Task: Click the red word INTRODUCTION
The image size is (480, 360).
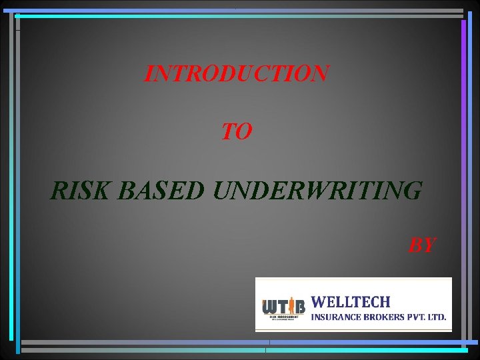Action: coord(237,73)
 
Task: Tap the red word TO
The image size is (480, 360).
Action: coord(237,132)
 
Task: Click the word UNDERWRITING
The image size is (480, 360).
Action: coord(317,191)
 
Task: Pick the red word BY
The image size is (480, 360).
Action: coord(422,245)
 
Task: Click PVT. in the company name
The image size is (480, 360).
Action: coord(419,317)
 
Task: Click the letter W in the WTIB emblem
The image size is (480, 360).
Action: coord(270,307)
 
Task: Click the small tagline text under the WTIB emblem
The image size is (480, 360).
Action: coord(283,319)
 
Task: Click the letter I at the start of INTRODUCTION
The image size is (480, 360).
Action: coord(149,73)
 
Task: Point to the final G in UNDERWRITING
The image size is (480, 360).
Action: coord(413,191)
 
